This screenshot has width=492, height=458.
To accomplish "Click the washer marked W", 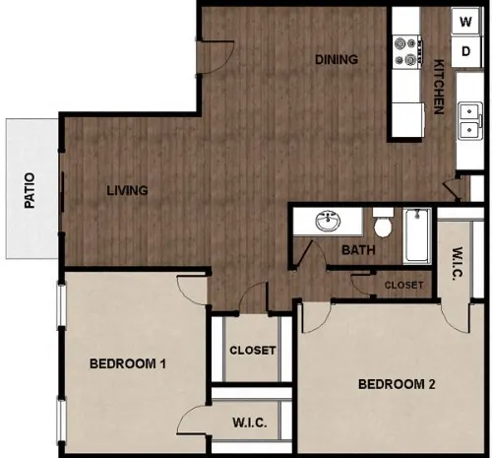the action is (466, 22).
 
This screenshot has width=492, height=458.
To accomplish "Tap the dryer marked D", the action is (466, 51).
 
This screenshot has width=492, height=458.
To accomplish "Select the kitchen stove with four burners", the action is (407, 51).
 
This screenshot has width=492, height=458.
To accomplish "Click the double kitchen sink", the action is (470, 121).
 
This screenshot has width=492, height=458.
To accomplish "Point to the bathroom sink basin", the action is (329, 221).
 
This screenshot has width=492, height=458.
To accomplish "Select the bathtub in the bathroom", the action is (416, 235).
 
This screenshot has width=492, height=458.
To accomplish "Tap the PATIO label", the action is (30, 190).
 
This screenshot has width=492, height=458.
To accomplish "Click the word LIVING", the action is (127, 190).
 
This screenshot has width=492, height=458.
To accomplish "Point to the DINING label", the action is (337, 59).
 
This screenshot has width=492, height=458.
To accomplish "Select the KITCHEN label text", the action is (439, 87).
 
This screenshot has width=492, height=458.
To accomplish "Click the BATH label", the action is (358, 250).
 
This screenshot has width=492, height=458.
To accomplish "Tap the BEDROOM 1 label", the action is (128, 363).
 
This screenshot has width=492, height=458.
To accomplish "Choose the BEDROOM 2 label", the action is (397, 384).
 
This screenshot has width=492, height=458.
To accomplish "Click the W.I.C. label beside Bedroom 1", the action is (250, 423).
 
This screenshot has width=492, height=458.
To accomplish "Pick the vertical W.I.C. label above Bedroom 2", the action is (457, 263).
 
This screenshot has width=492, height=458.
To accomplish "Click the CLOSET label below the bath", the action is (403, 285).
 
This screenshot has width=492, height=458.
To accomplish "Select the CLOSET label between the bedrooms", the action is (253, 351).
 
